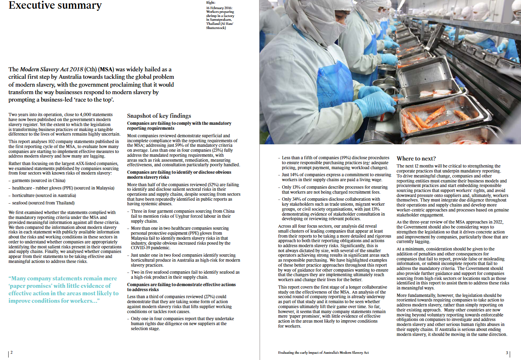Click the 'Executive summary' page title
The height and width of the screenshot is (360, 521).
55,5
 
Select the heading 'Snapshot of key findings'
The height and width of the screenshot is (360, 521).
159,116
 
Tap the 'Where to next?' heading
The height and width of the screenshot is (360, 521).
416,158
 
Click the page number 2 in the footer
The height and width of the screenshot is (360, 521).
11,353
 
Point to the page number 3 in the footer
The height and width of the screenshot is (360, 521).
507,353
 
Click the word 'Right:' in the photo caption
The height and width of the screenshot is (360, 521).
211,2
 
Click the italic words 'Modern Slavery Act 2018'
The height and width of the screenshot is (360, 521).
52,69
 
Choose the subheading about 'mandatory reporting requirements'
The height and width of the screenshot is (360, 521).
179,126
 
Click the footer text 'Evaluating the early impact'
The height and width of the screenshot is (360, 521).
323,353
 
